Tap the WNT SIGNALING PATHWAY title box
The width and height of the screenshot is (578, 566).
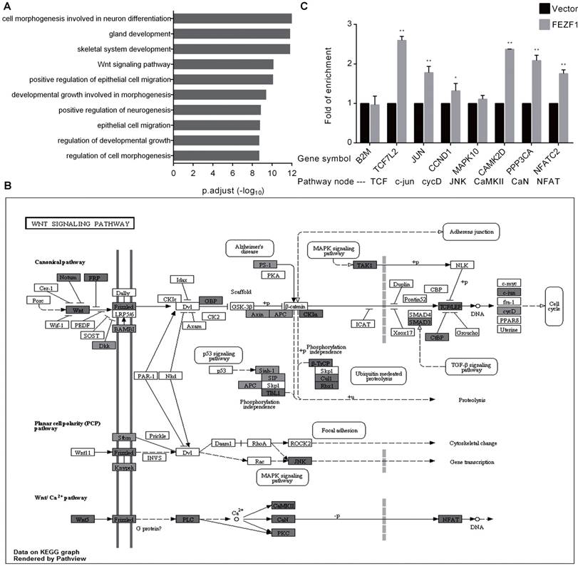click(80, 224)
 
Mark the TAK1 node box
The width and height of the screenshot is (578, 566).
click(364, 264)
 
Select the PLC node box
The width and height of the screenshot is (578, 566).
click(189, 519)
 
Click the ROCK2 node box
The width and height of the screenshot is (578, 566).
click(301, 443)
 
